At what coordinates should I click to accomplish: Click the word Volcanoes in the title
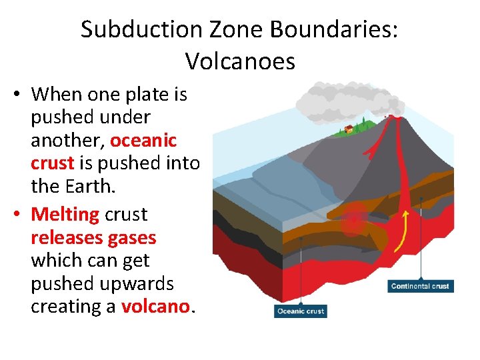point(240,61)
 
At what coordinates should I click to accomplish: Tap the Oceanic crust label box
point(300,311)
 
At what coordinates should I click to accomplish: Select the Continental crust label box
point(420,286)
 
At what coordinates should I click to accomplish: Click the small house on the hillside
point(348,129)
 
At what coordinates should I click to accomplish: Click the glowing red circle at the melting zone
point(353,224)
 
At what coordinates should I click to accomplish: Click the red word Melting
point(65,215)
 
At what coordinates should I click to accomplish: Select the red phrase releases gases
point(93,237)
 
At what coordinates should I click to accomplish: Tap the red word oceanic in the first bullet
point(143,141)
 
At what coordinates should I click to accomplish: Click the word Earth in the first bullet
point(93,186)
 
